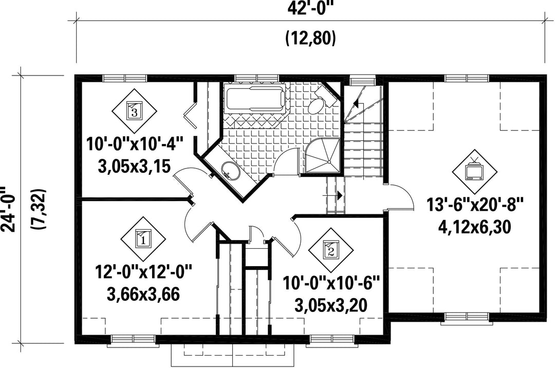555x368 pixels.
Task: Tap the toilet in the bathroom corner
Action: coord(320,100)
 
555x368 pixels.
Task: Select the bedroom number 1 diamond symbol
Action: coord(143,239)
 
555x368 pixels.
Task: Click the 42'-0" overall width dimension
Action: coord(310,8)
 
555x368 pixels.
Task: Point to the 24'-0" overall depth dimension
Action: coord(9,209)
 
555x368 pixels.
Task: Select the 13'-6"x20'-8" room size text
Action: coord(475,205)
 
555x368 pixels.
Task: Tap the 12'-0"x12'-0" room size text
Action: coord(143,272)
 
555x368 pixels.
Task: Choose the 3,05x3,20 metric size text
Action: coord(331,305)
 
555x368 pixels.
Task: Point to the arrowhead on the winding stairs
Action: coord(356,104)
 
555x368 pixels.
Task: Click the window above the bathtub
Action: coord(256,78)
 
